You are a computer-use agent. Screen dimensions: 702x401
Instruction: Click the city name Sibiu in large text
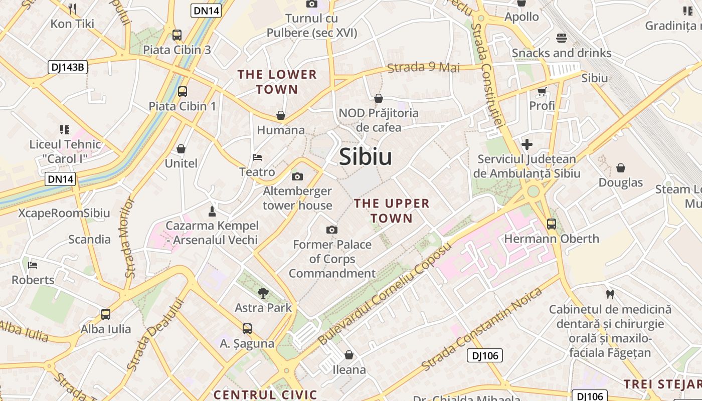pos(366,157)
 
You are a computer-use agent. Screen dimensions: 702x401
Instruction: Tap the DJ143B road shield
pos(68,67)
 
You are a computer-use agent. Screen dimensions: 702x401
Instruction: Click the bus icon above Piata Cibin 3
pos(177,35)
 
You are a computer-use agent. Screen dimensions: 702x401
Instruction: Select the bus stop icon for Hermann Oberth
pos(552,224)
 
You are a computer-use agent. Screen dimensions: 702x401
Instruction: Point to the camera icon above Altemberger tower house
pos(297,176)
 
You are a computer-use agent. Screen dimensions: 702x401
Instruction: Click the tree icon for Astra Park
pos(263,293)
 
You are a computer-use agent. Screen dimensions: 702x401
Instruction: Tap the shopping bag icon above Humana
pos(281,116)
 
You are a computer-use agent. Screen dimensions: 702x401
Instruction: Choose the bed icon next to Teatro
pos(257,157)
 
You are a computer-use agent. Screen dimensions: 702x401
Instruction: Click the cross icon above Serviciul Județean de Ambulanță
pos(526,145)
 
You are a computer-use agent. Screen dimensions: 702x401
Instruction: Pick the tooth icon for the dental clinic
pos(610,294)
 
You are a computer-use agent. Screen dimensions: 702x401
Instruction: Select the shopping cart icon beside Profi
pos(542,91)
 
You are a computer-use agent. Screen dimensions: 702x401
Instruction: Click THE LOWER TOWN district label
pos(277,82)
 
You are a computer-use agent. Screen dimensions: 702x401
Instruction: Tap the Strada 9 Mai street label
pos(424,67)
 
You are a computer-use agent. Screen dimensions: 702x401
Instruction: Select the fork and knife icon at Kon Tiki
pos(72,9)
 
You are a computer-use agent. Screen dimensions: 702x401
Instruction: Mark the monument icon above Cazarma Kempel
pos(212,211)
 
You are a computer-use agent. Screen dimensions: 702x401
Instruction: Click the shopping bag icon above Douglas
pos(621,168)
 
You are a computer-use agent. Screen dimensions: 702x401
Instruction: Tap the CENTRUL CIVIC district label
pos(266,394)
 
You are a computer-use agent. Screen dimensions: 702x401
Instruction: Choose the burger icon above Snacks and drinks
pos(561,38)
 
